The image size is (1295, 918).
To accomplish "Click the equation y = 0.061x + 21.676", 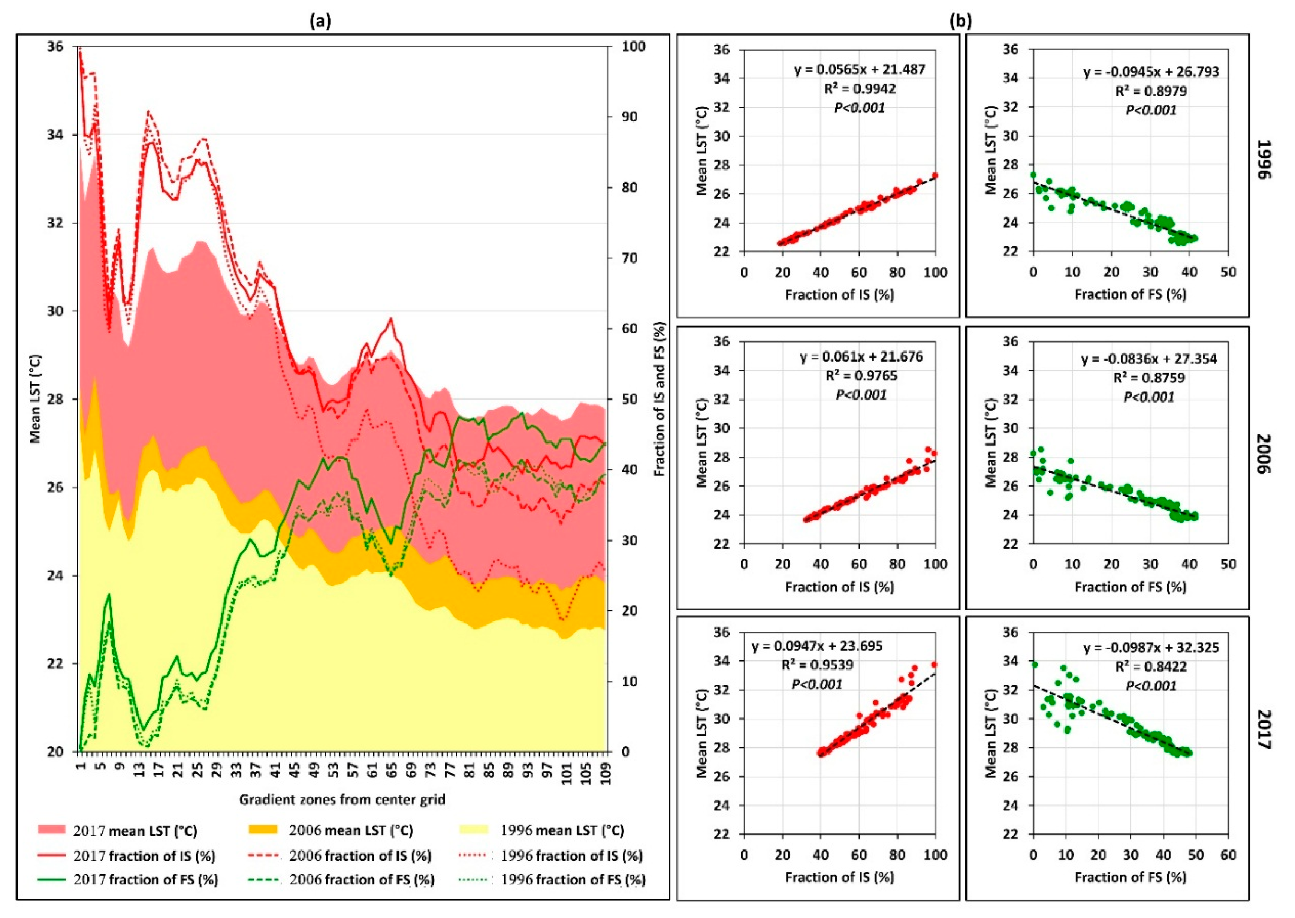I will click(x=861, y=357).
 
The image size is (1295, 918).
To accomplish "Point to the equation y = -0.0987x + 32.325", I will click(x=1151, y=647).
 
